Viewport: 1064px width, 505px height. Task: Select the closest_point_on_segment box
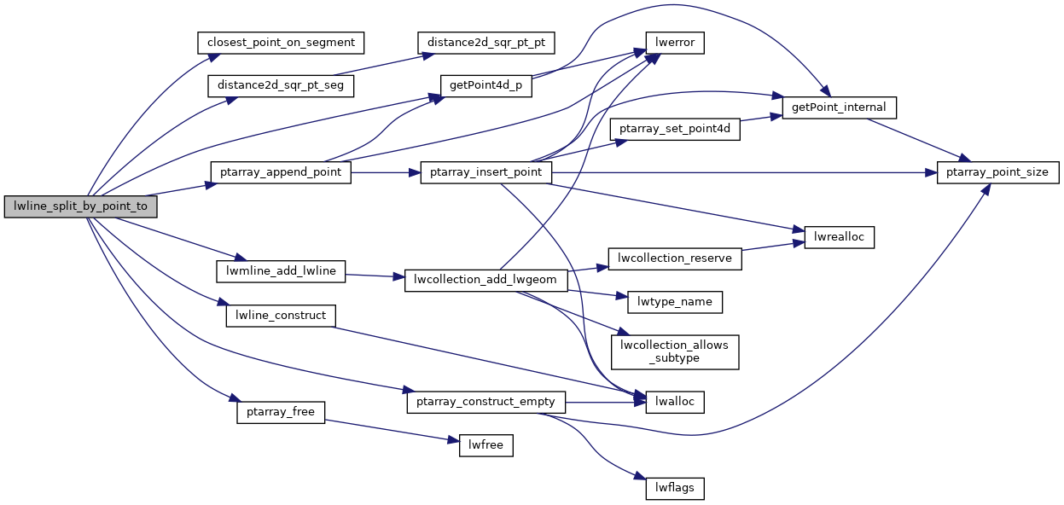[x=281, y=41]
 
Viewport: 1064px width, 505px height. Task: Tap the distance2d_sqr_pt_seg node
[x=281, y=85]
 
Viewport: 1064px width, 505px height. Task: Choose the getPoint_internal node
[x=840, y=107]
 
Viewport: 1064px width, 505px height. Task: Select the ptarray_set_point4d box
[x=675, y=130]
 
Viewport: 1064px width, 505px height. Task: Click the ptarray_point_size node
[x=998, y=172]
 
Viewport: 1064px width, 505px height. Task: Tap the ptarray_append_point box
[x=281, y=172]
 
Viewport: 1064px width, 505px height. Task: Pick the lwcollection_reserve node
[x=675, y=258]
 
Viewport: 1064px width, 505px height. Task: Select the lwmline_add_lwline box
[x=281, y=272]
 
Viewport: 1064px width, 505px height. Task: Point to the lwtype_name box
[x=675, y=301]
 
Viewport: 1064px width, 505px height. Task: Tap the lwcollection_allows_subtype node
[x=675, y=351]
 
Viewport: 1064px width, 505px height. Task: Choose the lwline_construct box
[x=281, y=316]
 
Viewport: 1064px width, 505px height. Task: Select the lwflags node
[x=675, y=489]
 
